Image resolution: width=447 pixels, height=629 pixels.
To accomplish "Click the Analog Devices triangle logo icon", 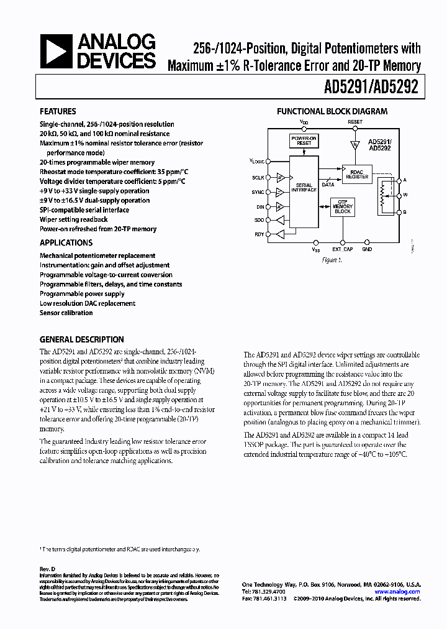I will pos(55,51).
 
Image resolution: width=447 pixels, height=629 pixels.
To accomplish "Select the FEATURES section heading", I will pos(58,112).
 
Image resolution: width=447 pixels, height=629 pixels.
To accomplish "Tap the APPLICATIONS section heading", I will pos(66,243).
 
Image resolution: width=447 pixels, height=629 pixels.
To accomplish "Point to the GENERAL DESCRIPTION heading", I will pos(81,340).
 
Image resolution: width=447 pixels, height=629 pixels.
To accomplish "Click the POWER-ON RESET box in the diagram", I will pos(304,140).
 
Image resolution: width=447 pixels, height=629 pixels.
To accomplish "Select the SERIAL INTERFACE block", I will pos(304,187).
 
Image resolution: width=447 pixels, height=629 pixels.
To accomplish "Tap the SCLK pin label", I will pos(258,178).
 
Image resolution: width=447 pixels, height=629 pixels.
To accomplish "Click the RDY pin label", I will pos(259,234).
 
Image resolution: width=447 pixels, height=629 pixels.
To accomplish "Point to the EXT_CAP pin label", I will pos(342,249).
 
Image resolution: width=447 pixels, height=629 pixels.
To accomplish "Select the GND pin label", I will pos(367,249).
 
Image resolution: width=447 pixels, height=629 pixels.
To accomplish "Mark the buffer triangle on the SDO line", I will pos(281,220).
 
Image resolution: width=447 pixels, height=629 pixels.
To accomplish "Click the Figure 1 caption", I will pos(332,260).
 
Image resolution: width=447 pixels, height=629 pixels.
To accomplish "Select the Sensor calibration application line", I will pos(66,313).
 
